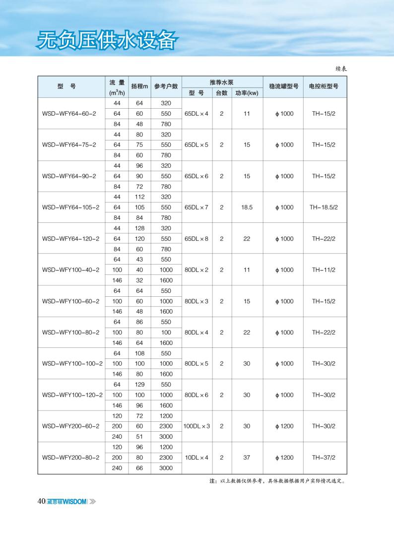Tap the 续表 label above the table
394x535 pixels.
(340, 69)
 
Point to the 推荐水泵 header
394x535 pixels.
(221, 82)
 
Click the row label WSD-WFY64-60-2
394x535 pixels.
(69, 114)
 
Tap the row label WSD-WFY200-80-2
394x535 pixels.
(71, 458)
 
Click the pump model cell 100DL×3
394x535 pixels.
(197, 426)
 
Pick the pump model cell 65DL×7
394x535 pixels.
(197, 207)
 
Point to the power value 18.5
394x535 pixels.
(247, 207)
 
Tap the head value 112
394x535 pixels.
(139, 197)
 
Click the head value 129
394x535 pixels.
(139, 385)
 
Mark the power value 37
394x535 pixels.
(247, 458)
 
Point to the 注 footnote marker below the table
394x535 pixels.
(213, 481)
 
